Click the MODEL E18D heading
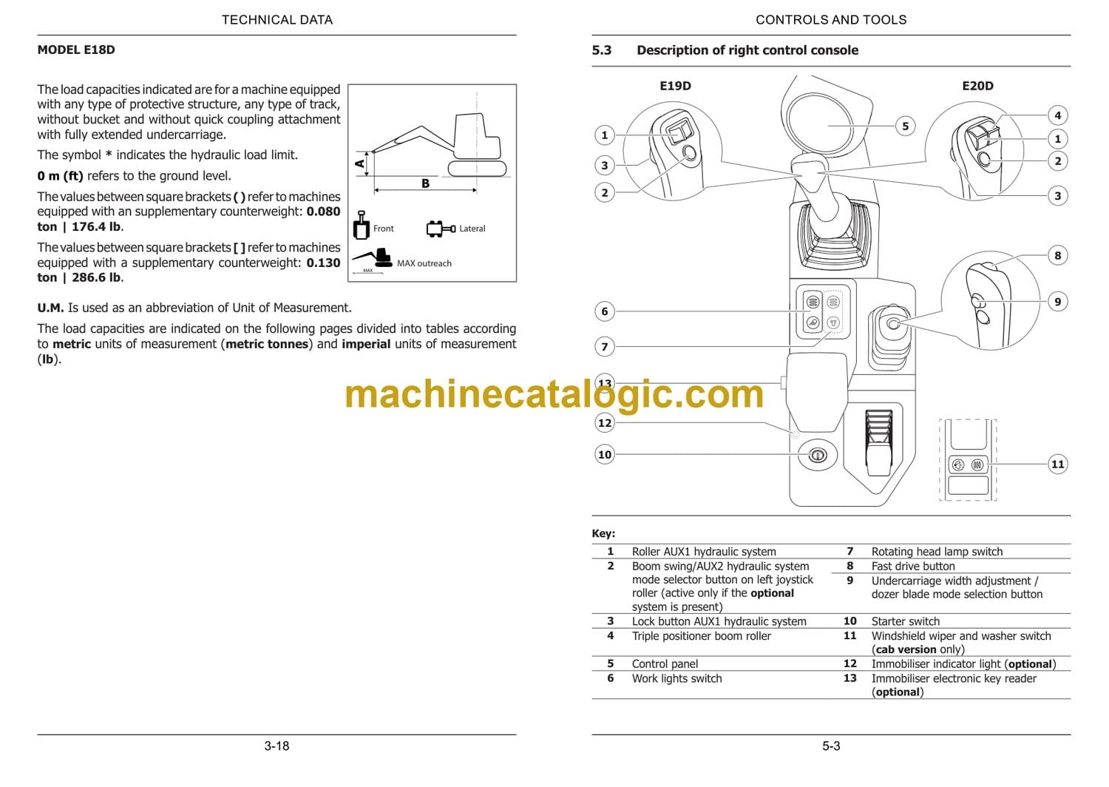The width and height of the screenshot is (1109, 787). click(76, 50)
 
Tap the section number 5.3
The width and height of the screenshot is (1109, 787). click(601, 50)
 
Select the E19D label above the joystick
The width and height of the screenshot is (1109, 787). click(675, 86)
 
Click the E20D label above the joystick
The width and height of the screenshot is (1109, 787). click(977, 86)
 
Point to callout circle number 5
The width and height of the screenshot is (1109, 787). click(905, 126)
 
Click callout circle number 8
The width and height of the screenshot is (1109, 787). click(1057, 255)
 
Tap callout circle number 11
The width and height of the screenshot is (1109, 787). click(1057, 464)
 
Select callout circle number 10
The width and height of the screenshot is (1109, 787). click(605, 454)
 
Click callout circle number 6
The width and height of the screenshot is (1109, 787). click(605, 311)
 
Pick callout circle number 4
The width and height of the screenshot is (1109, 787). click(1057, 115)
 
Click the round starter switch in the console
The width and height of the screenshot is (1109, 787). click(817, 455)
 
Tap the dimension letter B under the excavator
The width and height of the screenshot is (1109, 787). click(425, 183)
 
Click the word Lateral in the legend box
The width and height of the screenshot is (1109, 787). click(472, 229)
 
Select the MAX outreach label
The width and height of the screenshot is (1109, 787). click(424, 263)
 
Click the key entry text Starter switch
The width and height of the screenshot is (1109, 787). click(905, 621)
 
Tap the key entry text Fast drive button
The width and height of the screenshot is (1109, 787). click(913, 567)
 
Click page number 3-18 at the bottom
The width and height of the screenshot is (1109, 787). click(277, 746)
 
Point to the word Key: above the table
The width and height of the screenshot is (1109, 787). click(603, 533)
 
